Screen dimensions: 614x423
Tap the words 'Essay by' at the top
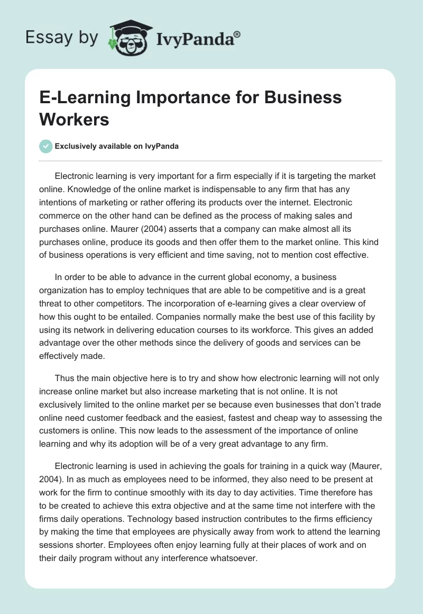(62, 37)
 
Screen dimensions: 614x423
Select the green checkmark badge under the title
(46, 146)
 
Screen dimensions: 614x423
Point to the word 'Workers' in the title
(73, 119)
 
